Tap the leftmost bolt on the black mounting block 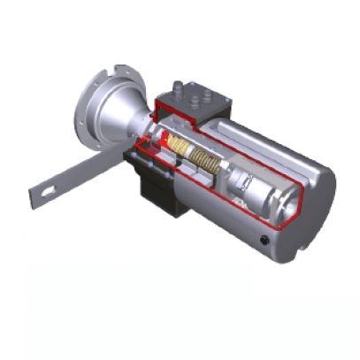pyautogui.click(x=133, y=157)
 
